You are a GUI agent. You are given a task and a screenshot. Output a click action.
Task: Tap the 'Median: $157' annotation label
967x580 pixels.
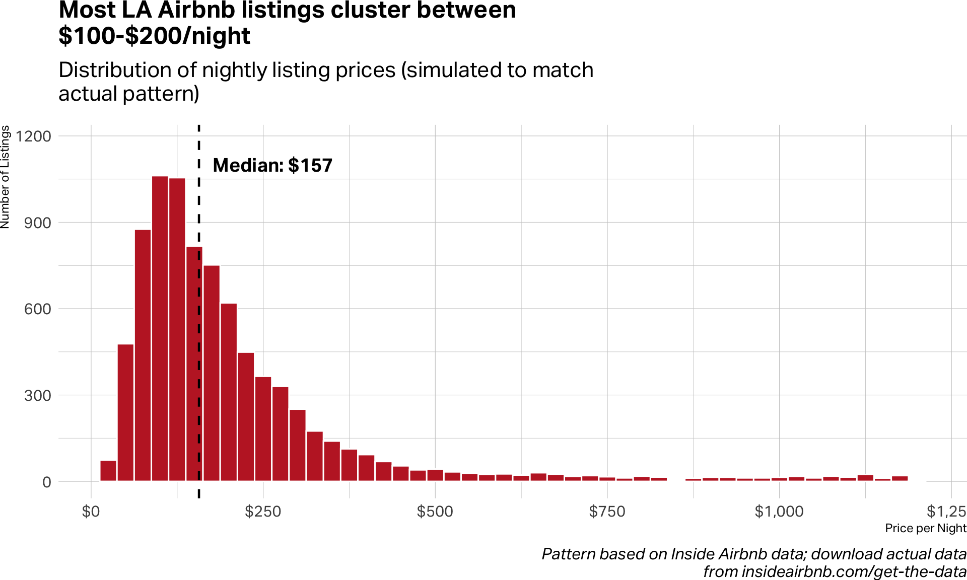pos(272,165)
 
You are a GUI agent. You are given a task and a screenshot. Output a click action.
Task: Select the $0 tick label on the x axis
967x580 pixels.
pos(91,512)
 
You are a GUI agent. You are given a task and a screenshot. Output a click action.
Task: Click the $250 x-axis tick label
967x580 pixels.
pos(263,512)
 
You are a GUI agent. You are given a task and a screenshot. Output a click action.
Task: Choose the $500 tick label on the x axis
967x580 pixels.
pos(435,512)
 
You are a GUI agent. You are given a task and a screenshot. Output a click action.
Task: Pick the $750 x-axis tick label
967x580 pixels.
pos(607,512)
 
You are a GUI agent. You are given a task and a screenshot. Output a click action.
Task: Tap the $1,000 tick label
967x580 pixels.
pos(779,512)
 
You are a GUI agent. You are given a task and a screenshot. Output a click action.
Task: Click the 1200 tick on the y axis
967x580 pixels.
pos(34,136)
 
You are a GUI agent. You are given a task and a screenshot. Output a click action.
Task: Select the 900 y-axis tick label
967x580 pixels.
pos(37,223)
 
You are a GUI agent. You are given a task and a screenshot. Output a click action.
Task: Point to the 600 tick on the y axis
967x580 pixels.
pos(37,309)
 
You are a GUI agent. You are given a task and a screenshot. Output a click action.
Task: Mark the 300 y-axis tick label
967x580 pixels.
pos(37,395)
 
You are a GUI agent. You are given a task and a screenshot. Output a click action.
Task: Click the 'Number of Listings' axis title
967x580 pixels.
pos(6,177)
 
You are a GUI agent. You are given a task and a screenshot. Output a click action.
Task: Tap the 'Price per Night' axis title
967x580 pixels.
pos(926,528)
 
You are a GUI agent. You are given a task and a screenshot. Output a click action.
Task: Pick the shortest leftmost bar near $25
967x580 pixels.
pos(108,471)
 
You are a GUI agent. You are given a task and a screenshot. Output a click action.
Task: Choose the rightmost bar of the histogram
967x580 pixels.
pos(900,478)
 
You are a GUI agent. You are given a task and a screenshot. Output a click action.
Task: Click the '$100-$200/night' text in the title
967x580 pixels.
pos(154,36)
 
